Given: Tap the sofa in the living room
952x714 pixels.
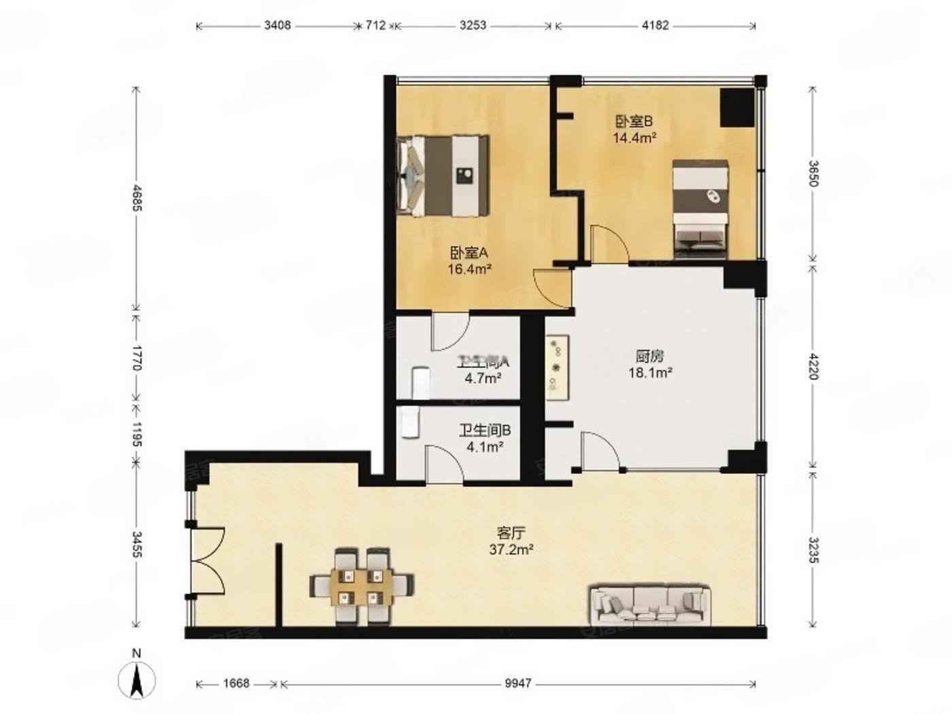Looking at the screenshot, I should click(x=648, y=605).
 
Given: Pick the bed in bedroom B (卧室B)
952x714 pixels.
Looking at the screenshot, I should click(x=700, y=208).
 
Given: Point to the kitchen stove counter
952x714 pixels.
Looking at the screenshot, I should click(x=558, y=367).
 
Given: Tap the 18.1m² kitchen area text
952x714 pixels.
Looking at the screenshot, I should click(x=650, y=372).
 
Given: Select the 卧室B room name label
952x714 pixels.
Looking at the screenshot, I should click(x=634, y=122).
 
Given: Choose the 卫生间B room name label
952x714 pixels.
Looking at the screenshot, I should click(x=484, y=430).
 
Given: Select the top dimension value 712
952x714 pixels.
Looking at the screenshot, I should click(x=375, y=26).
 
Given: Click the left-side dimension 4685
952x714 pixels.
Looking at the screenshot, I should click(x=137, y=198).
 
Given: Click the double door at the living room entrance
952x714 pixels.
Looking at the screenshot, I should click(x=207, y=562).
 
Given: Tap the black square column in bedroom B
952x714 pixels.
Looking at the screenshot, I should click(x=737, y=107).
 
